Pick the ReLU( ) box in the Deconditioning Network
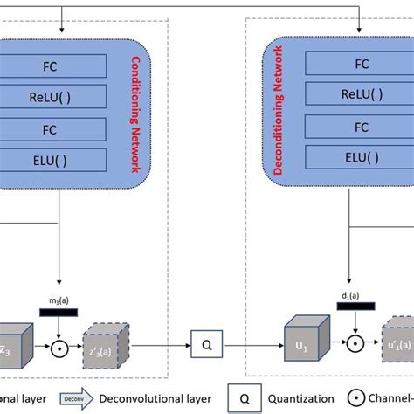pos(360,93)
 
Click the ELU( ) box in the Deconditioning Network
pos(360,158)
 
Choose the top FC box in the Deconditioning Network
pos(360,64)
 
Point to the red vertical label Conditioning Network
pos(135,114)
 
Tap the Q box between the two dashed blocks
pos(206,344)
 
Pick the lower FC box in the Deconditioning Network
pos(360,126)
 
